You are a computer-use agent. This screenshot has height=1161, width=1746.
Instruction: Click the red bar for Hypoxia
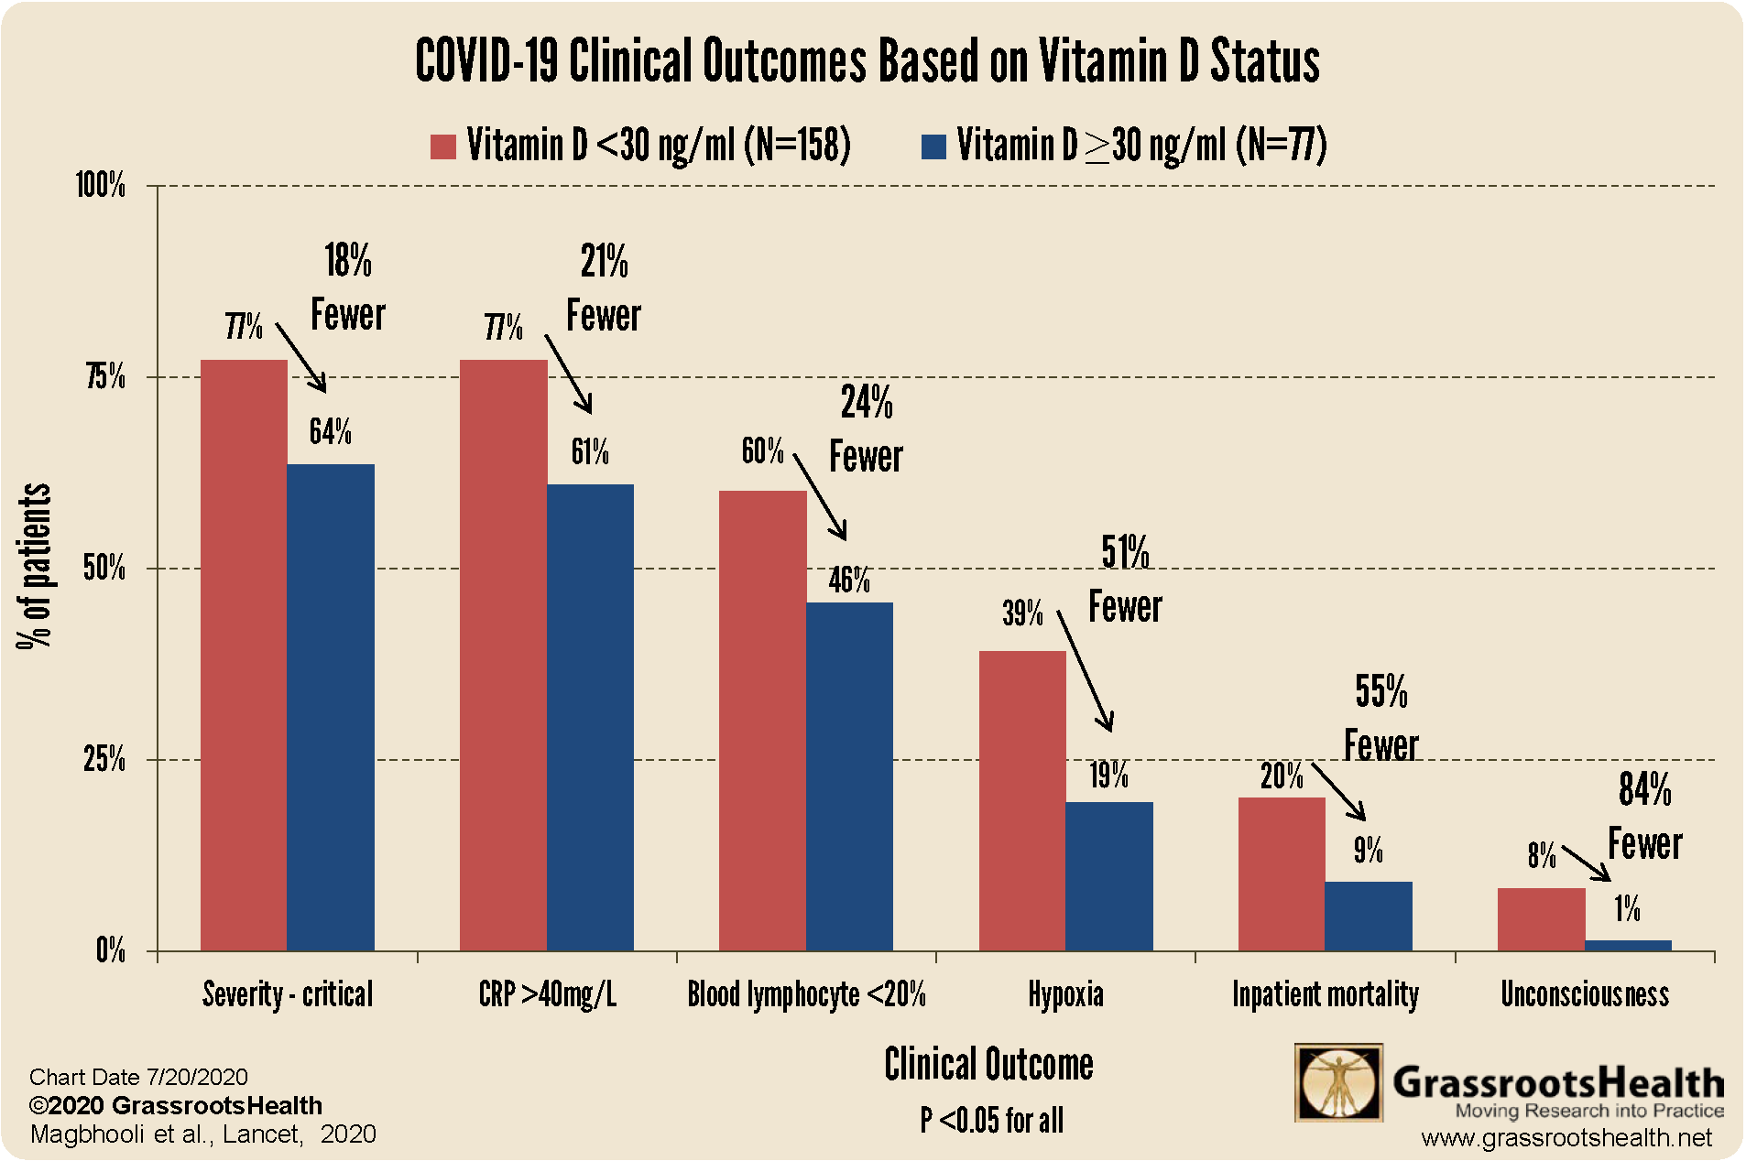[1022, 800]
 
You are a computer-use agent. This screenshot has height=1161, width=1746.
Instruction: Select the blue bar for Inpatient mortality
[1369, 916]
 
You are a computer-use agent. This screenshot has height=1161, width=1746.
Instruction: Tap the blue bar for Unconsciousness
[1628, 945]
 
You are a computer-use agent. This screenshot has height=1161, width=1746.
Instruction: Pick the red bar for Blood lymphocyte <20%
[762, 721]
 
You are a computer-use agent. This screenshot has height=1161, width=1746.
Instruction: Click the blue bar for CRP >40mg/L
[590, 717]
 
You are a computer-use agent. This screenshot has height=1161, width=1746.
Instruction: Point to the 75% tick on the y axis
[105, 376]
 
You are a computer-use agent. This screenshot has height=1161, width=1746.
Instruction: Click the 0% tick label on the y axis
[110, 950]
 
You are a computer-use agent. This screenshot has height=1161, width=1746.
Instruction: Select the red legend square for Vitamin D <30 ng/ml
[443, 146]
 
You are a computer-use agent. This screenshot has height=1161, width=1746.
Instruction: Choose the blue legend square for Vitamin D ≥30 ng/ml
[933, 146]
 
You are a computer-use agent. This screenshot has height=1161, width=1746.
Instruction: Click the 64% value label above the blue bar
[330, 431]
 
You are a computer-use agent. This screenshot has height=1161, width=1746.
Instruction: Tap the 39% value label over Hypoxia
[1022, 613]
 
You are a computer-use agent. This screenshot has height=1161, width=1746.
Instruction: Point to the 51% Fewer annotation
[1125, 580]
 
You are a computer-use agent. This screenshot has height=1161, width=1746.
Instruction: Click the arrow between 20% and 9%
[1338, 791]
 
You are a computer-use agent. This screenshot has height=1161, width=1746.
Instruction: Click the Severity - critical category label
[288, 994]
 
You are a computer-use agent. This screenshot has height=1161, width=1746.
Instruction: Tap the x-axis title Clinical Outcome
[988, 1065]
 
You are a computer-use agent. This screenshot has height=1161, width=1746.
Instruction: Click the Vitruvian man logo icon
[1338, 1083]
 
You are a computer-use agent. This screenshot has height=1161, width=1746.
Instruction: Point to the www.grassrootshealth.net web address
[1566, 1138]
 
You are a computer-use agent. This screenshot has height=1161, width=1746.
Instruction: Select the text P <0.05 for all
[991, 1120]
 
